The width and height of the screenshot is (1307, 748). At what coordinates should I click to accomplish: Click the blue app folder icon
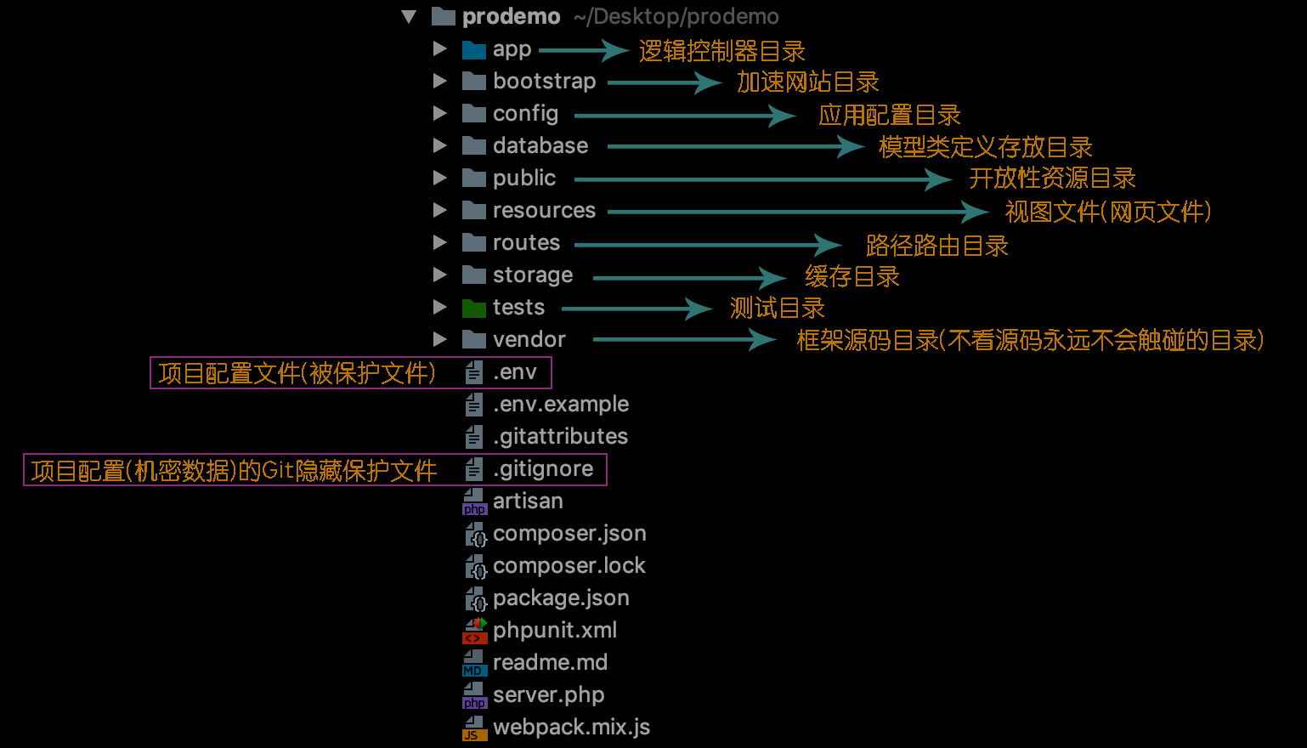click(473, 50)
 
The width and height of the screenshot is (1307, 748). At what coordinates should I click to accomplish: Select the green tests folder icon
click(473, 308)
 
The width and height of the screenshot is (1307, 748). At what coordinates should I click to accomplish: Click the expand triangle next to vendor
click(439, 339)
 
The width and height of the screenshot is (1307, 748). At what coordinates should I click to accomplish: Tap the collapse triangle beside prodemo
click(409, 17)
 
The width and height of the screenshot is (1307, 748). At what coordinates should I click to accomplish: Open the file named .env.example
click(561, 405)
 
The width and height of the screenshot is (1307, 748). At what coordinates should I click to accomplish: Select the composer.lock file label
click(569, 566)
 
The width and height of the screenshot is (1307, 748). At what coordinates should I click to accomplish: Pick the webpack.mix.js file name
click(571, 728)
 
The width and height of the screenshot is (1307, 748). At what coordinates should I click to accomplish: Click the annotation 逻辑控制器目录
click(721, 51)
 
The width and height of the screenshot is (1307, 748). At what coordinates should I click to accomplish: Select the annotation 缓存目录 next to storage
click(852, 277)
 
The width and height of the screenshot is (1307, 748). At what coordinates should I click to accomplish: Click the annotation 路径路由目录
click(936, 246)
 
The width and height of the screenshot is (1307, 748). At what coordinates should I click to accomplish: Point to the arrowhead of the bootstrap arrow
click(710, 82)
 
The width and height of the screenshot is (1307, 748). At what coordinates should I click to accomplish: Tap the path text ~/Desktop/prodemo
click(676, 17)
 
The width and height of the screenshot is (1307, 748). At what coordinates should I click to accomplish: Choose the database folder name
click(540, 146)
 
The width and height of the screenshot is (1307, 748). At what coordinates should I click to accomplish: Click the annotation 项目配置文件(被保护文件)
click(297, 373)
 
